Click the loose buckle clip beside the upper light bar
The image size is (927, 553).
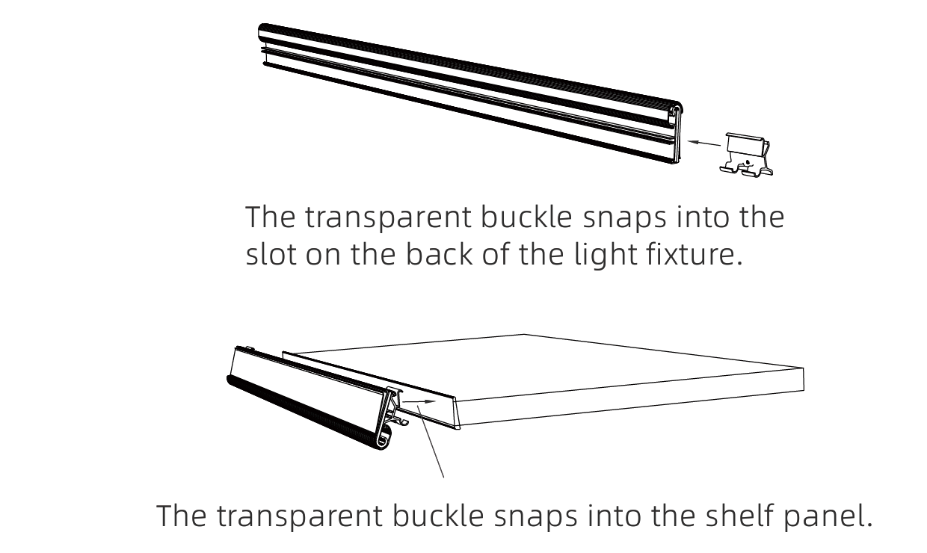pyautogui.click(x=747, y=155)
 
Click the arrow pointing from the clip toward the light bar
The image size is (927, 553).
pyautogui.click(x=704, y=143)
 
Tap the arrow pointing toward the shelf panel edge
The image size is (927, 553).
pyautogui.click(x=419, y=401)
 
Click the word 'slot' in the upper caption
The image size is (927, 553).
pyautogui.click(x=271, y=253)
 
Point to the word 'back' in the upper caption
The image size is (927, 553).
pyautogui.click(x=439, y=253)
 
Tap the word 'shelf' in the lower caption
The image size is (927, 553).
pyautogui.click(x=738, y=515)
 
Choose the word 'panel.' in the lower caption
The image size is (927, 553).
pyautogui.click(x=828, y=517)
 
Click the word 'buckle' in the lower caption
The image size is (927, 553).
pyautogui.click(x=438, y=515)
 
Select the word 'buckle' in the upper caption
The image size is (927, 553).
pyautogui.click(x=526, y=216)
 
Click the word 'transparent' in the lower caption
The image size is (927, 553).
pyautogui.click(x=300, y=516)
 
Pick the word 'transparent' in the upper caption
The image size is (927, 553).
pyautogui.click(x=388, y=217)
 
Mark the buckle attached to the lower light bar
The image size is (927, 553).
pyautogui.click(x=395, y=407)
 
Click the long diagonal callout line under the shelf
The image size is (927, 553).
pyautogui.click(x=431, y=442)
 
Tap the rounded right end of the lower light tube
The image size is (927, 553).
pyautogui.click(x=384, y=439)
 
